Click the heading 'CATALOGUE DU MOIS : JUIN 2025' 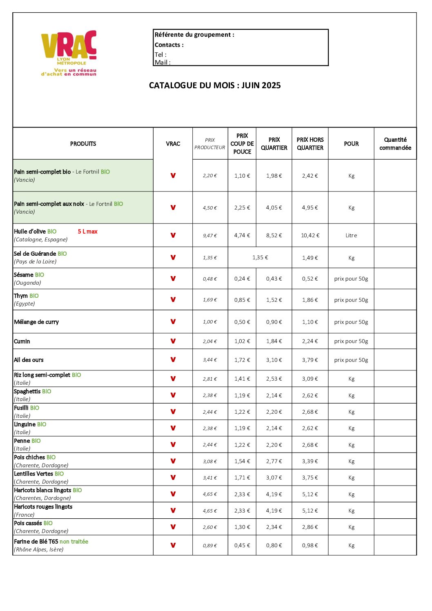215,85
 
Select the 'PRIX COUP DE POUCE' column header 242,143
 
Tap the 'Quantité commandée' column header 395,143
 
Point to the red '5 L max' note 87,232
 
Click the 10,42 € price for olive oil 310,235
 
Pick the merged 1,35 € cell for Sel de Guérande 260,258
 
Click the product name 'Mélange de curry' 36,322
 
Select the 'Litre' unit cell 351,235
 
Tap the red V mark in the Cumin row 173,341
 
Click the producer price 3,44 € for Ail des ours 210,360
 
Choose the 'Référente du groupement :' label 194,35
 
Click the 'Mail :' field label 163,62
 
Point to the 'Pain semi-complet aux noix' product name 49,204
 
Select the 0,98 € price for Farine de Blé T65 310,546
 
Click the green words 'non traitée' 74,542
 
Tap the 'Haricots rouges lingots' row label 43,507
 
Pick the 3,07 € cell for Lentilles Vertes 274,477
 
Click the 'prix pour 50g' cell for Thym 351,300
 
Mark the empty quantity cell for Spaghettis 395,395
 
